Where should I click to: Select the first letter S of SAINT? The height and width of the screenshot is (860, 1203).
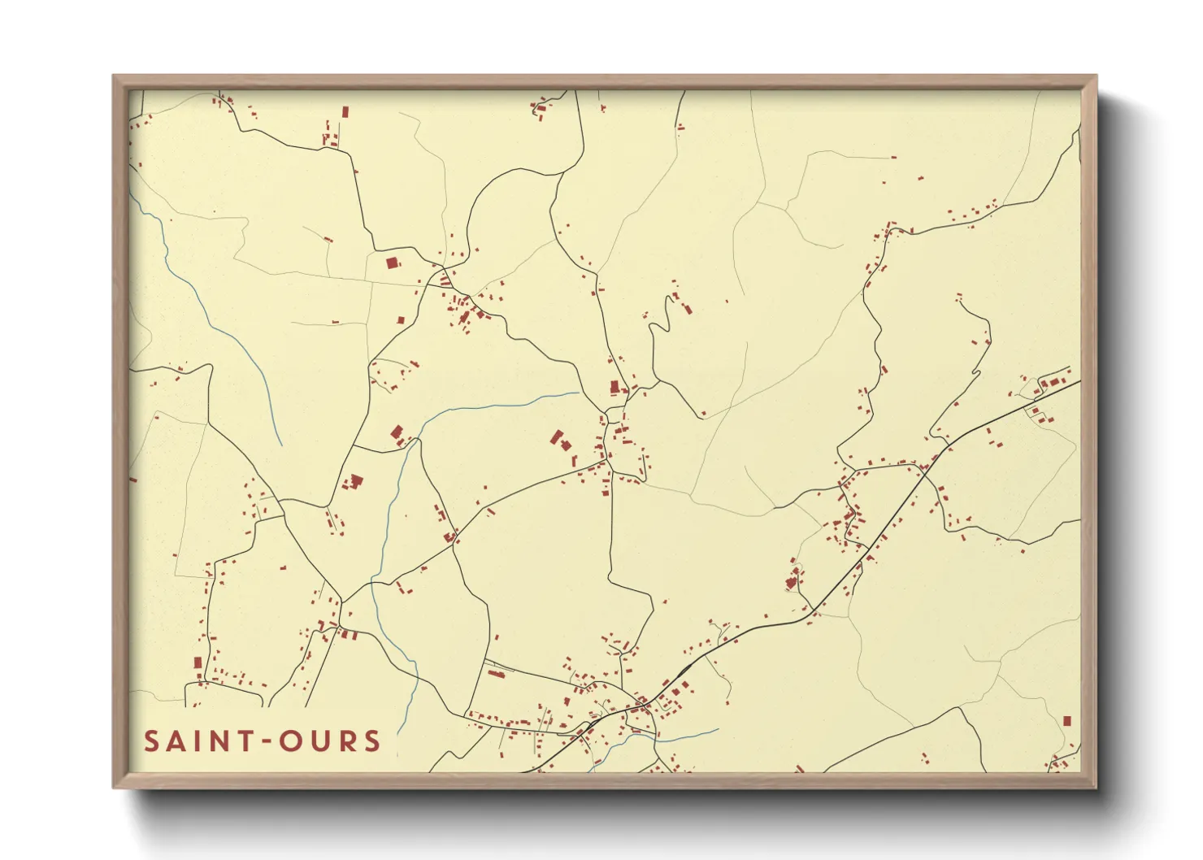(x=151, y=741)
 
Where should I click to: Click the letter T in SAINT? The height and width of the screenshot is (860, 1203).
(x=239, y=741)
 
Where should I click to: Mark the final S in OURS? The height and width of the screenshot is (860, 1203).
(x=372, y=741)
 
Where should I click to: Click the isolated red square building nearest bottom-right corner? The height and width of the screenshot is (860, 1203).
(x=1067, y=721)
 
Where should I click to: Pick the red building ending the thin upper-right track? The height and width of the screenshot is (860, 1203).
(x=894, y=157)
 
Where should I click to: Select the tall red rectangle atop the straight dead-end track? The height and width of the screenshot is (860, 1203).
(x=345, y=111)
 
